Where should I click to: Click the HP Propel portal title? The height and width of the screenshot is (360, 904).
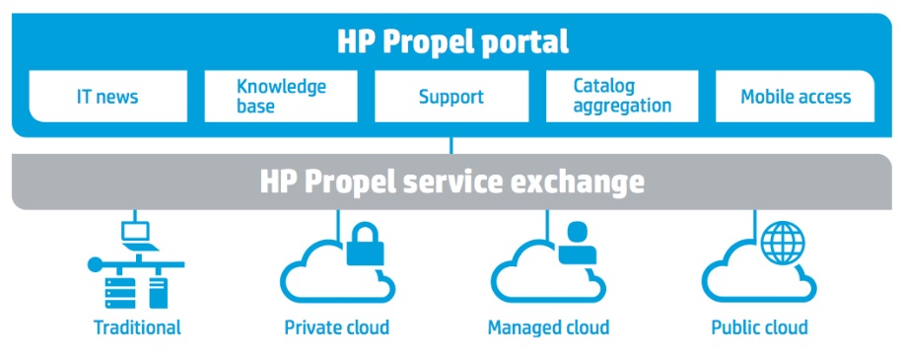452,42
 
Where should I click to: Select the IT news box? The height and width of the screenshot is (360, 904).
107,97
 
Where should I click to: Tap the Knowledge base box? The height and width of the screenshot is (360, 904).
281,97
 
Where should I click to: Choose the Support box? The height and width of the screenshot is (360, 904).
452,97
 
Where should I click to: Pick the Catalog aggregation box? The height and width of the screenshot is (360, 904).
622,97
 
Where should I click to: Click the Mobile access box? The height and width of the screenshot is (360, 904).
795,97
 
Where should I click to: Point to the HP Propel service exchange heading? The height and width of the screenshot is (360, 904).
452,181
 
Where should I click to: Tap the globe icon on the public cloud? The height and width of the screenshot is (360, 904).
783,243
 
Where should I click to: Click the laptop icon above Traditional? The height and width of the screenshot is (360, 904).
137,237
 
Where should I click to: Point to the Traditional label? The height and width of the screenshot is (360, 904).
137,327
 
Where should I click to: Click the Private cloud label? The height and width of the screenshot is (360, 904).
337,327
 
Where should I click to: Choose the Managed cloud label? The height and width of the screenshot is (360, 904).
548,327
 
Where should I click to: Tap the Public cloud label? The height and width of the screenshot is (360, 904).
759,327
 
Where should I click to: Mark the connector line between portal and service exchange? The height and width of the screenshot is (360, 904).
451,145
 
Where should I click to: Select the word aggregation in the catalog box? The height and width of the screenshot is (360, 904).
622,107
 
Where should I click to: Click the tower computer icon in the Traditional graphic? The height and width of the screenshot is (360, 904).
159,293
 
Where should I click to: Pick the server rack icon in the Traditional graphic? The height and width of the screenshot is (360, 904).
120,293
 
